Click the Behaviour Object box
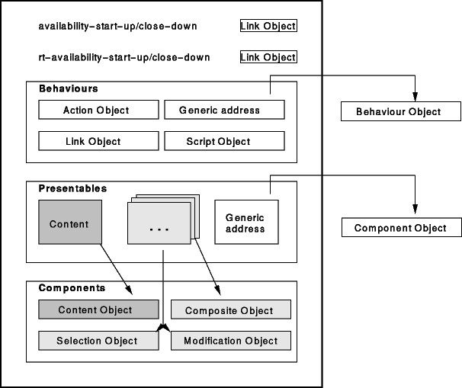click(399, 112)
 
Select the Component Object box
click(399, 228)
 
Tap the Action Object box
click(96, 110)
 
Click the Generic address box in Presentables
click(245, 223)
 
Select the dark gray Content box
click(69, 224)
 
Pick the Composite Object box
click(231, 309)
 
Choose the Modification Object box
click(231, 341)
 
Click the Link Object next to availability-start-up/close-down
click(268, 26)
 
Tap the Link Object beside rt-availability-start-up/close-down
click(268, 57)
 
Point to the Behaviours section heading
click(68, 88)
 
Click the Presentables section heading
click(72, 188)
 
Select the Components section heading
click(71, 288)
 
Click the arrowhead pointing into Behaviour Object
click(413, 98)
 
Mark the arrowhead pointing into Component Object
click(414, 213)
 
